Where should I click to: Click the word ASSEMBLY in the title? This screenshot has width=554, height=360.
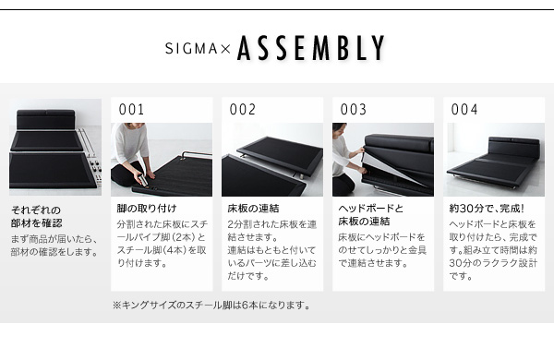point(311,48)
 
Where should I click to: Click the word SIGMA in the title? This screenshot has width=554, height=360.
point(191,48)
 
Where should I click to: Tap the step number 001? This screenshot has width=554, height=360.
point(131,110)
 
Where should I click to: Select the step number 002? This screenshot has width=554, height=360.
point(242,110)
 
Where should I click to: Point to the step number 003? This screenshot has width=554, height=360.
point(354,110)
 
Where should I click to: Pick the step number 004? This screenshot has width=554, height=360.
point(464,110)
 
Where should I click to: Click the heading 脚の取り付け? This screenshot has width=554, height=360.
point(147,209)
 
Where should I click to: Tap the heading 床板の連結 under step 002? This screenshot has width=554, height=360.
point(253,209)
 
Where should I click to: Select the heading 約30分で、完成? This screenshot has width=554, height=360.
point(487,209)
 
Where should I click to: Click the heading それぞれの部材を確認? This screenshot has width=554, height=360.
point(37,217)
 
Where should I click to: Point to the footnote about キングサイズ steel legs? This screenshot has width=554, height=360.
point(211,305)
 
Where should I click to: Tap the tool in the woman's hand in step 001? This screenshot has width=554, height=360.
point(143,180)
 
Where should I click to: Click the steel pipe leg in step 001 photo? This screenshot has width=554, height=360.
point(197,154)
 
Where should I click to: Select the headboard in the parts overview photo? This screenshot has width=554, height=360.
point(46,119)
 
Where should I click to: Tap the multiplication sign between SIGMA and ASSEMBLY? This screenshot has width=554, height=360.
point(225,49)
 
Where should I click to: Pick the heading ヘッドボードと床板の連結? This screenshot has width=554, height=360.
point(370,215)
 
